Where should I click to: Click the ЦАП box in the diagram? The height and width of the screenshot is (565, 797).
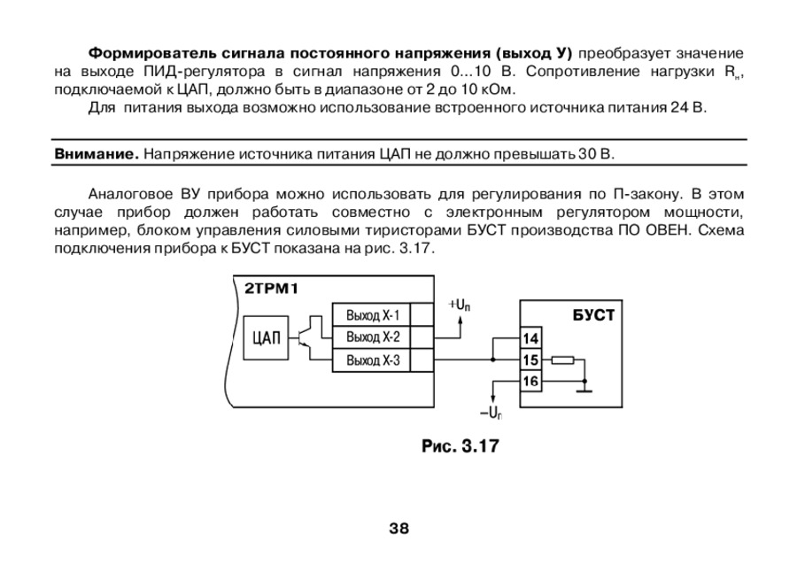(x=267, y=337)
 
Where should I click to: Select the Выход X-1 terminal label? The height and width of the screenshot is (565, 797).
(x=373, y=315)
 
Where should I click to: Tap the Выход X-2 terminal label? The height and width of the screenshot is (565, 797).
(x=373, y=337)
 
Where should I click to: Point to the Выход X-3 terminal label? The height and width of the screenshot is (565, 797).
(x=373, y=360)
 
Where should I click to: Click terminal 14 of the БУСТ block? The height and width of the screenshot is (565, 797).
(x=530, y=339)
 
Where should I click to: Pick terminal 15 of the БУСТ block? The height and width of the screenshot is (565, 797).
(x=530, y=360)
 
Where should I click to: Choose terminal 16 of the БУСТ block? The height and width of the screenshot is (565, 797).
(x=530, y=382)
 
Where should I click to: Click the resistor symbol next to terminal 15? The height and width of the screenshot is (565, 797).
(x=561, y=360)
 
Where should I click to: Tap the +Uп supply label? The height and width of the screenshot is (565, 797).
(x=460, y=305)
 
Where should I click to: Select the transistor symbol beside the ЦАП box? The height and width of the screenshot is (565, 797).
(x=306, y=337)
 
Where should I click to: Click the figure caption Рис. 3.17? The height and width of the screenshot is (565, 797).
(x=460, y=445)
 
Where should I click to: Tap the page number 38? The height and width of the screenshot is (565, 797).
(x=398, y=529)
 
